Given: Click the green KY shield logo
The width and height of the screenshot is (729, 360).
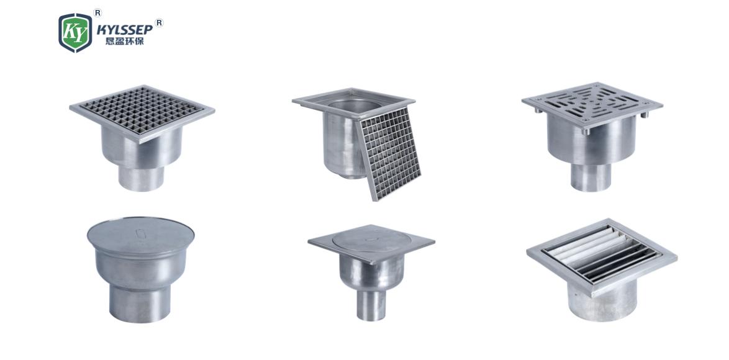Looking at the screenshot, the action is (75, 32).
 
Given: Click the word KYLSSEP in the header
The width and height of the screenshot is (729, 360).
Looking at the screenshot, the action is (125, 30).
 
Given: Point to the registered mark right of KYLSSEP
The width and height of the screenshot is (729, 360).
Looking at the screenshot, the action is (159, 22).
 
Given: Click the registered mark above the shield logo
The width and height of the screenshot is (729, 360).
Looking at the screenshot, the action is (97, 13).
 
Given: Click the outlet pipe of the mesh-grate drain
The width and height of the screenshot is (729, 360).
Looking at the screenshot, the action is (142, 178).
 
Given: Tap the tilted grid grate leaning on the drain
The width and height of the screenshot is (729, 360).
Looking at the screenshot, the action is (389, 153).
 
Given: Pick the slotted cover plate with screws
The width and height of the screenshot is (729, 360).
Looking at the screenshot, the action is (592, 104).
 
